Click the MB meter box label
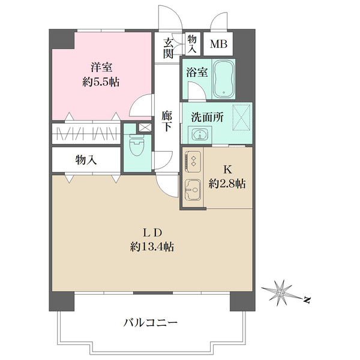[x=218, y=44]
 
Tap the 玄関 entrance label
[x=168, y=48]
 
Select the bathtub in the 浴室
[x=224, y=79]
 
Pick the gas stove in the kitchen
[x=193, y=161]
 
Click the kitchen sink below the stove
[x=193, y=190]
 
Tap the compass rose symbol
[x=280, y=293]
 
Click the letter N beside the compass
[x=307, y=299]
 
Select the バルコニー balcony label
[x=151, y=323]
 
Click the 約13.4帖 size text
[x=152, y=247]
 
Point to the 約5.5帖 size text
[x=101, y=82]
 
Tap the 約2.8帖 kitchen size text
[x=227, y=184]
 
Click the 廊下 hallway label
[x=167, y=121]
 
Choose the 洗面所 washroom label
[x=208, y=118]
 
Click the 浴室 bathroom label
[x=197, y=73]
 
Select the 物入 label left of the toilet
[x=86, y=160]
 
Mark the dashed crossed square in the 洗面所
[x=242, y=118]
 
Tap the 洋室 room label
[x=101, y=67]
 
